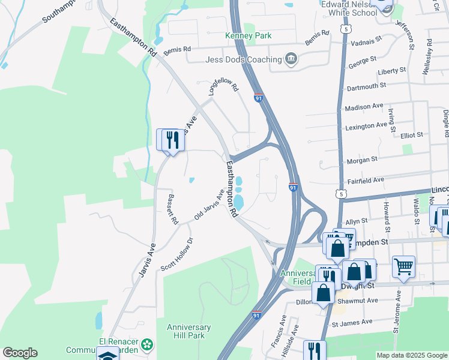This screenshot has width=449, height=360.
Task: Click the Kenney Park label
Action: click(248, 36)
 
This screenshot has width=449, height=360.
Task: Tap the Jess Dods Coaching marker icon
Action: click(291, 59)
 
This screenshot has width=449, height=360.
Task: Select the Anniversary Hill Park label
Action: click(188, 331)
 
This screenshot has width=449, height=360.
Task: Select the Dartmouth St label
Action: click(366, 86)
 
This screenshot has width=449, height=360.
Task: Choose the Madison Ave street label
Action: click(364, 107)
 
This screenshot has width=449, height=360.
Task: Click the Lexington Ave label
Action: click(366, 126)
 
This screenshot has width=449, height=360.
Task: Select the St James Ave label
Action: click(354, 324)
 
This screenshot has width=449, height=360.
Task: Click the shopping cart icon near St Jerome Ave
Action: click(404, 266)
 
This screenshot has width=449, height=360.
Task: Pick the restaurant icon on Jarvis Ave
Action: click(172, 140)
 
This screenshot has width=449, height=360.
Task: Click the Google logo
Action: click(20, 353)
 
